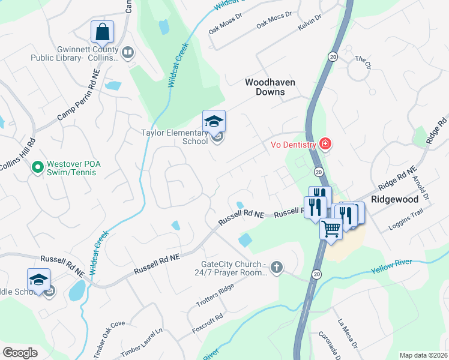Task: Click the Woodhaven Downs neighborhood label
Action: point(265,87)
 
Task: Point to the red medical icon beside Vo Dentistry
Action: point(325,144)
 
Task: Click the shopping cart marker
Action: point(331,228)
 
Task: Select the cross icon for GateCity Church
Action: point(276,267)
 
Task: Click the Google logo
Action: point(20,352)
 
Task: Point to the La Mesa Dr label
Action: point(348,333)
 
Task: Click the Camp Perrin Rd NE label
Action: point(76,101)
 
